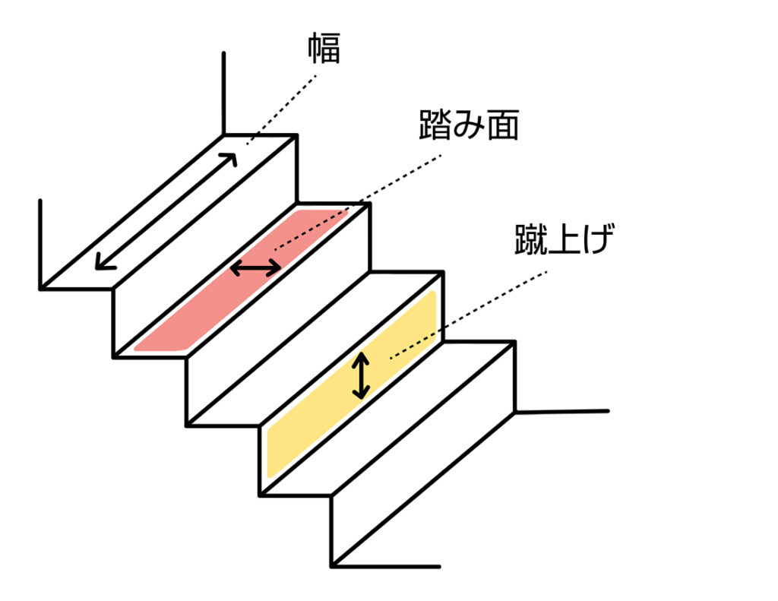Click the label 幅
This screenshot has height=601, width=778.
(x=322, y=48)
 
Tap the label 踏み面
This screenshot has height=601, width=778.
(x=468, y=125)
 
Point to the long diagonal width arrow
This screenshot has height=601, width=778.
(x=166, y=210)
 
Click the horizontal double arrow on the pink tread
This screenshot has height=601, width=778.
(x=256, y=267)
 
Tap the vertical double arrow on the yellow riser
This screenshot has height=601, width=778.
(x=362, y=376)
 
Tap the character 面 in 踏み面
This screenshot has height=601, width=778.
(x=501, y=125)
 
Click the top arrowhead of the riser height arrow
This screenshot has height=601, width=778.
(x=362, y=359)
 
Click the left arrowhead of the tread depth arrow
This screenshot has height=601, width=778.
(x=236, y=267)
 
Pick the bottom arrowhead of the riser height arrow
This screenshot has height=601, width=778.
(x=362, y=394)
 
